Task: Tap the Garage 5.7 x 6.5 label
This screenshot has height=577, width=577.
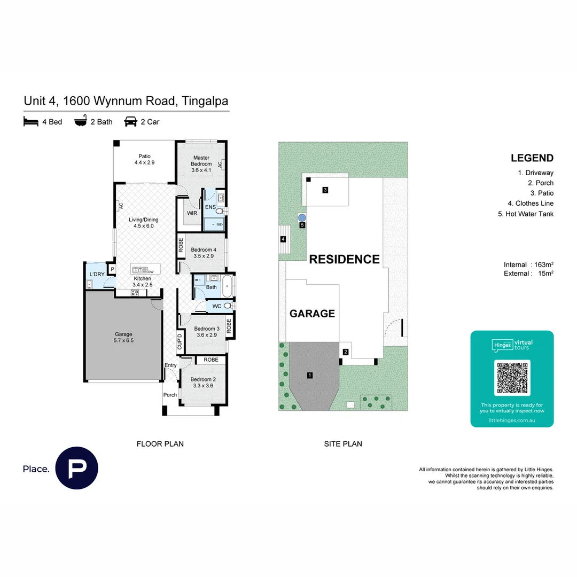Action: tap(123, 337)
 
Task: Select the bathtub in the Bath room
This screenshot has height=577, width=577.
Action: tap(227, 286)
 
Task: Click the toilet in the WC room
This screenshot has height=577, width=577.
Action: tap(228, 306)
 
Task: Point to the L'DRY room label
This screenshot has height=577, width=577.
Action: tap(97, 274)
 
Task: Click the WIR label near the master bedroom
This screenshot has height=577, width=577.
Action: tap(192, 213)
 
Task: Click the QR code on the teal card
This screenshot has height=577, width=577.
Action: tap(512, 378)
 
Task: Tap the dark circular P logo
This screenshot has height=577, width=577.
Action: tap(76, 468)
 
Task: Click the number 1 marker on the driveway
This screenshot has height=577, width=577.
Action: tap(310, 376)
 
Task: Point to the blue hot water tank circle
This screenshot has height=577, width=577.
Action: tap(302, 217)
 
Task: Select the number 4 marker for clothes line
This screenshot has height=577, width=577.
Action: tap(283, 240)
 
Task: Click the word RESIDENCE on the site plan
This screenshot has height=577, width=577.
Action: tap(344, 260)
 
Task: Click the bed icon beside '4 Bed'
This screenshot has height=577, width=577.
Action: tap(31, 122)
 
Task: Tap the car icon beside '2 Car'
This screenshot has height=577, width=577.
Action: tap(130, 122)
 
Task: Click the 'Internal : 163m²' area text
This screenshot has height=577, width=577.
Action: tap(528, 264)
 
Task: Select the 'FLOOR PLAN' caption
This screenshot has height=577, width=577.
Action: tap(160, 443)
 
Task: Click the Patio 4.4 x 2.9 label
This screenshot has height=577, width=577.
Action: tap(144, 159)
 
